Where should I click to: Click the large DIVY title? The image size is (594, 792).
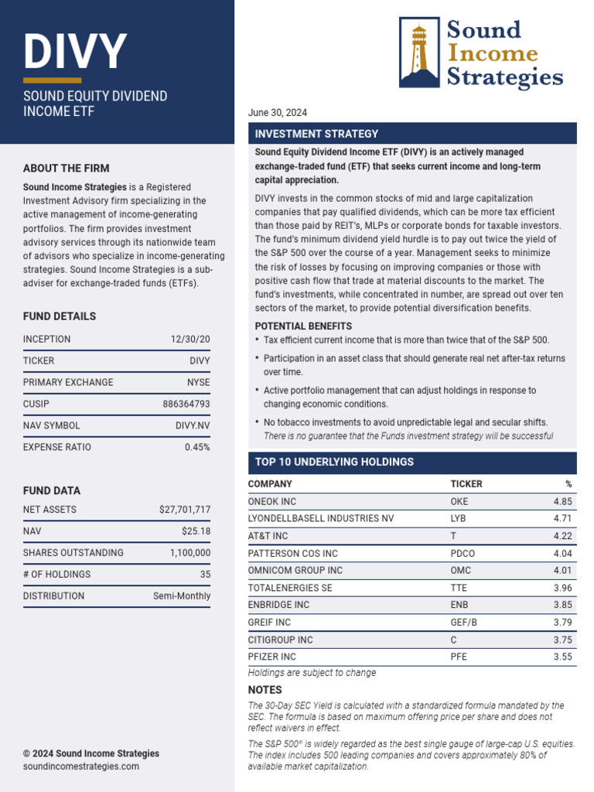(x=74, y=52)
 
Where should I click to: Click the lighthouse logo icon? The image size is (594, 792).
(x=419, y=53)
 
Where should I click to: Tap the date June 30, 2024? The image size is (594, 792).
(x=277, y=113)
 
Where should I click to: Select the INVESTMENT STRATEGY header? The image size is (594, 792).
(x=316, y=134)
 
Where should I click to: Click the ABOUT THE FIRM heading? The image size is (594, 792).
(x=66, y=168)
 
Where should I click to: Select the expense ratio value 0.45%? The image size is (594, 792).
(x=197, y=447)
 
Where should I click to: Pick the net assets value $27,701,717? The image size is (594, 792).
(x=184, y=510)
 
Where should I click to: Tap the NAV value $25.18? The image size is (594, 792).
(x=195, y=531)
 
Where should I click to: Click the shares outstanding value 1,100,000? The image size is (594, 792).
(x=189, y=553)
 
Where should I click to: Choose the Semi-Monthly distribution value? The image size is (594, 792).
(x=182, y=596)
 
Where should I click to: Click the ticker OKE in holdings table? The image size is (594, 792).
(x=459, y=501)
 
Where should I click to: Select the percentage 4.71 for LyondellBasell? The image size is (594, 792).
(x=562, y=518)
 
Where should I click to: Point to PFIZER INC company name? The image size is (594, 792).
(x=271, y=657)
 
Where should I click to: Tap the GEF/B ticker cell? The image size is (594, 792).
(x=464, y=623)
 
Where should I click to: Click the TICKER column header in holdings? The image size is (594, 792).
(x=466, y=484)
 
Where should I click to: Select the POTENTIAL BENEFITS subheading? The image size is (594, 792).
(x=303, y=326)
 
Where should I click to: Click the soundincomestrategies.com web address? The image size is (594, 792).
(x=81, y=766)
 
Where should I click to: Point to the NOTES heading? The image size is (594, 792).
(x=265, y=690)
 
